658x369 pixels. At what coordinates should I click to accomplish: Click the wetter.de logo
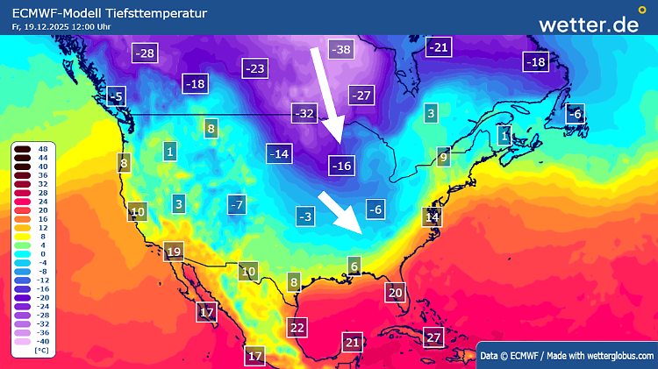tap(589, 24)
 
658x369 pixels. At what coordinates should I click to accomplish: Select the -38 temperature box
tap(340, 50)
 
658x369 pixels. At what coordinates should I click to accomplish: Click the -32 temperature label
tap(304, 113)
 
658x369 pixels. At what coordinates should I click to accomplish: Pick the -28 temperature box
tap(146, 53)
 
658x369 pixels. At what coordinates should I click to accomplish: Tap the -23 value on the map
tap(255, 67)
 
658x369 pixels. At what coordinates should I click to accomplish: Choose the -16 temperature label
tap(340, 165)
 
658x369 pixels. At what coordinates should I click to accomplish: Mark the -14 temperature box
tap(279, 154)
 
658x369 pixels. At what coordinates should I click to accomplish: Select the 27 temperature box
tap(433, 337)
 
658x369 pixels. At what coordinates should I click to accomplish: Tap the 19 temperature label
tap(173, 252)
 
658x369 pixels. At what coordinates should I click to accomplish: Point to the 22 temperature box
tap(297, 328)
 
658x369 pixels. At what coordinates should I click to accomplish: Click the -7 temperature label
tap(235, 204)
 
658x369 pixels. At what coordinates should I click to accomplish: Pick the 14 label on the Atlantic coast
tap(432, 216)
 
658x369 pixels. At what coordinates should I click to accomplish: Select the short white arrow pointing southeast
tap(340, 211)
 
